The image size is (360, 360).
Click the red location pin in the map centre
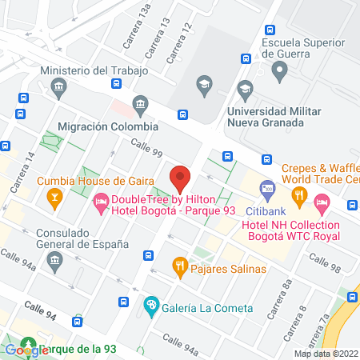(x=180, y=178)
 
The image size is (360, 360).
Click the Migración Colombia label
(x=108, y=126)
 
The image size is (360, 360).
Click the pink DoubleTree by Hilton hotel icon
(x=101, y=205)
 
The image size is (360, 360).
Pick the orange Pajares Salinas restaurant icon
(x=180, y=265)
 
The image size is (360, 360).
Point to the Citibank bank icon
(x=267, y=190)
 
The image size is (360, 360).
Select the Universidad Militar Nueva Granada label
(x=276, y=118)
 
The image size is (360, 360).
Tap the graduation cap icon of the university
(x=205, y=84)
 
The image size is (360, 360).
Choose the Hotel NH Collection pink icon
(x=322, y=205)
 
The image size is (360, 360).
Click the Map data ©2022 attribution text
(x=326, y=353)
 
